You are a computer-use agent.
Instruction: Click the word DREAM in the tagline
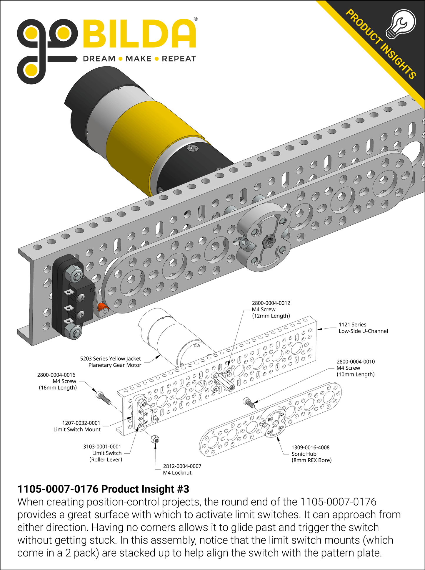coord(99,59)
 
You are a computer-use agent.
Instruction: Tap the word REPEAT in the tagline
coord(179,59)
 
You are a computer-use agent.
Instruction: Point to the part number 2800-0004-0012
coord(271,303)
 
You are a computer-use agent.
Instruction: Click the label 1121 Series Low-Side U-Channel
coord(363,328)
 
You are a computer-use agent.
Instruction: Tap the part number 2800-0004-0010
coord(356,361)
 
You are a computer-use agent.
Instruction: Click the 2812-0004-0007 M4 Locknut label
coord(182,469)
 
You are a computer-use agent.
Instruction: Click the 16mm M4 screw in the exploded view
coord(104,397)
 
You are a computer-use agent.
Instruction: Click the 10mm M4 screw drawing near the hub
coord(249,402)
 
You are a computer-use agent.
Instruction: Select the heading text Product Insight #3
coord(103,489)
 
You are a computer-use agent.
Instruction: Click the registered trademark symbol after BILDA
coord(196,19)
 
